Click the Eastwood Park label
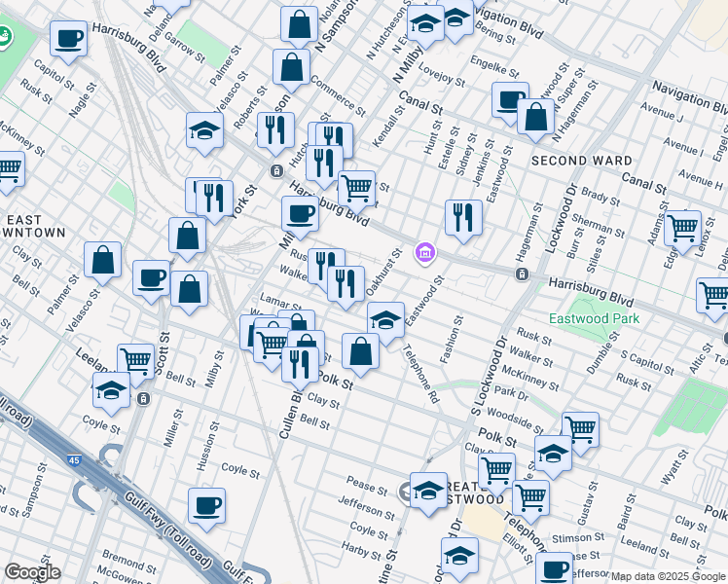pos(595,318)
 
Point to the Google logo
pos(31,572)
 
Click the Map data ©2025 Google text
pos(668,576)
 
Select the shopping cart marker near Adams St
pos(682,227)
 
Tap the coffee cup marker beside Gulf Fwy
pos(206,505)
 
